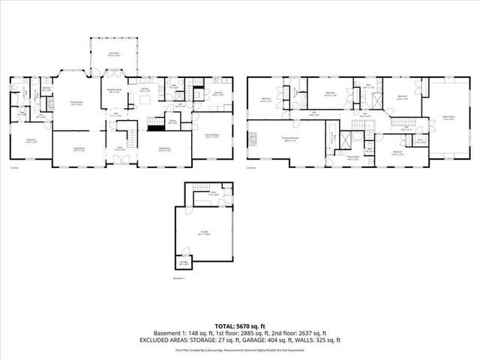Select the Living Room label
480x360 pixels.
tap(77, 149)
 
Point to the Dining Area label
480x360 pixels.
tap(166, 149)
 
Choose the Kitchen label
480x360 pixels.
tap(146, 90)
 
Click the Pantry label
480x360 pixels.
tap(172, 121)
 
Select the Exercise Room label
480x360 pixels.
tap(212, 136)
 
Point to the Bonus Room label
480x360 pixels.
tap(448, 117)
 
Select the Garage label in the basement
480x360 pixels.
tap(204, 235)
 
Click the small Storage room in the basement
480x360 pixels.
tap(184, 263)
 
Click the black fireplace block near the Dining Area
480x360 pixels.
tap(156, 128)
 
